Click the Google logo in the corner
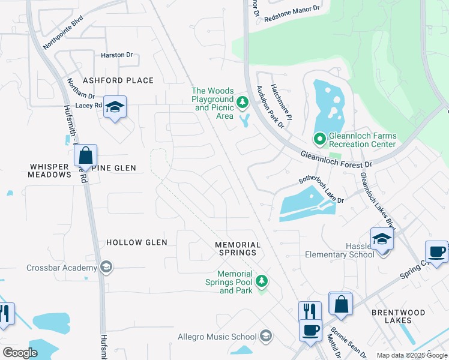(20, 352)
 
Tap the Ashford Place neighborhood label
(118, 80)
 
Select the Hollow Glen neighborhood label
(136, 242)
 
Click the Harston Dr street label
(116, 55)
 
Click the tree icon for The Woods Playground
(243, 103)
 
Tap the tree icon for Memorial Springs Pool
(261, 281)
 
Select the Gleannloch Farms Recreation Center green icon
(319, 139)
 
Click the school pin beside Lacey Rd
(115, 107)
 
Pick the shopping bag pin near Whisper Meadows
(86, 155)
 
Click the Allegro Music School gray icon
(267, 337)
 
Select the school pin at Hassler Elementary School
(382, 239)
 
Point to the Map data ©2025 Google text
(411, 355)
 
